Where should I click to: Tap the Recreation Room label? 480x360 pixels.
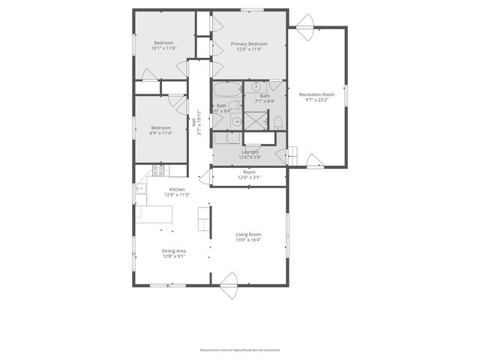[316, 94]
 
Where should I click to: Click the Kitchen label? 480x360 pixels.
[177, 189]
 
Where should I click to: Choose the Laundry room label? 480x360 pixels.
[249, 151]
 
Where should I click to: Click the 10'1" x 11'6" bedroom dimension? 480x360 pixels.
[163, 49]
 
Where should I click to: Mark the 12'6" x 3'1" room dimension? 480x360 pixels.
[249, 178]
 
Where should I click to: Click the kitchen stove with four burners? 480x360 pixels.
[159, 172]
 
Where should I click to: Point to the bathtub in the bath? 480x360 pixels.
[224, 91]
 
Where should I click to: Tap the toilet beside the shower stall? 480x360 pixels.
[277, 122]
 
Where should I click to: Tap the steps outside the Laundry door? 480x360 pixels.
[293, 155]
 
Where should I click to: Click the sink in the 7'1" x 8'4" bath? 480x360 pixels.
[256, 85]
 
